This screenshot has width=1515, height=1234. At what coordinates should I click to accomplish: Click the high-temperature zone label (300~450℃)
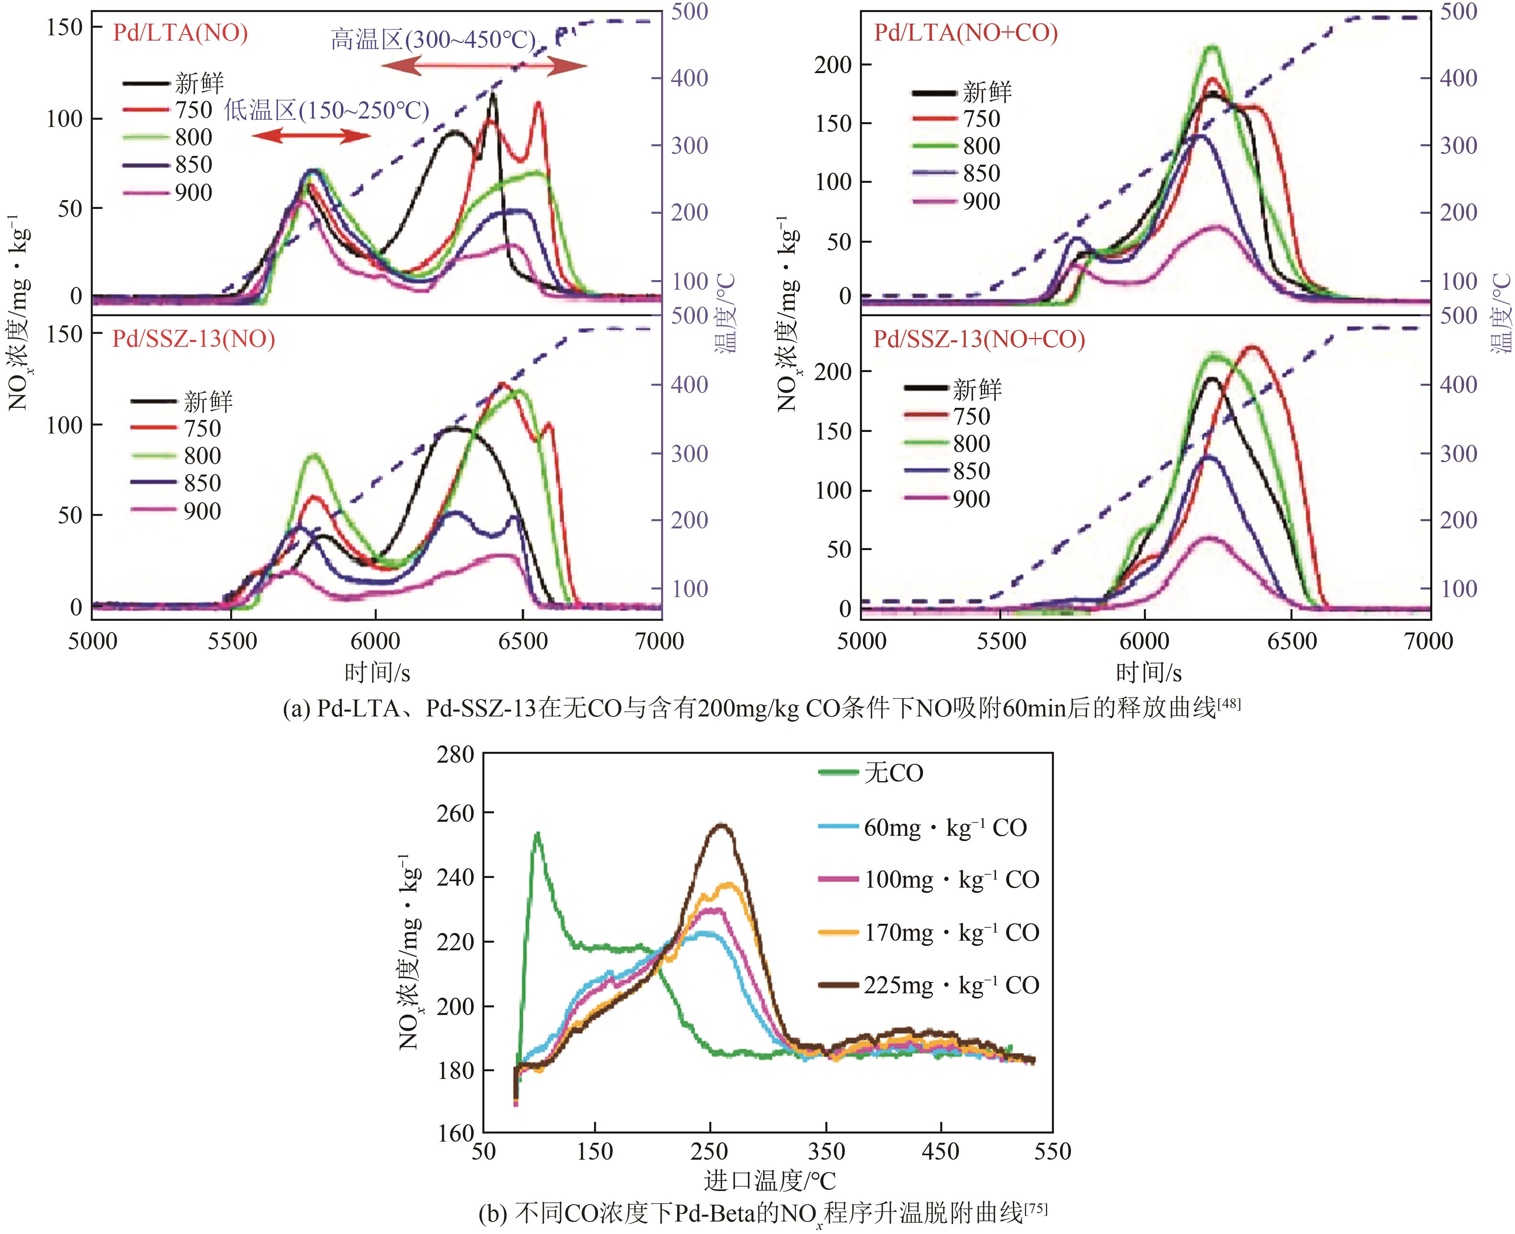[433, 40]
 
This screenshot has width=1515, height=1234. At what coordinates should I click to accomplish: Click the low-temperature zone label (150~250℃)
[327, 111]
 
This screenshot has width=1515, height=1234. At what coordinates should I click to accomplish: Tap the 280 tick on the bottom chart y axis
[455, 754]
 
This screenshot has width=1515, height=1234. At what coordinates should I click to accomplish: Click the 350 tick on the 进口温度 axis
[826, 1152]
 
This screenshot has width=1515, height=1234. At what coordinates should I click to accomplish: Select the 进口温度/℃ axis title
[770, 1181]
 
